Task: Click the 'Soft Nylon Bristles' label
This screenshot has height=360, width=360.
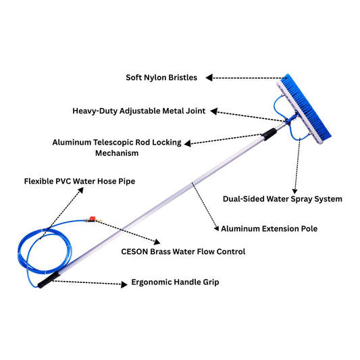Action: (x=161, y=78)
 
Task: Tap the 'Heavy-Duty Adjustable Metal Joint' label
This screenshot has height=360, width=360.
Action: (x=139, y=110)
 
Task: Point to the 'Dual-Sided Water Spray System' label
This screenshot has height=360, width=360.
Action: (x=282, y=199)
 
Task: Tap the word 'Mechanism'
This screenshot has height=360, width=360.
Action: (x=116, y=153)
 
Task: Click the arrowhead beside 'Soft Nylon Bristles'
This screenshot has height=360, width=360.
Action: (x=210, y=78)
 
